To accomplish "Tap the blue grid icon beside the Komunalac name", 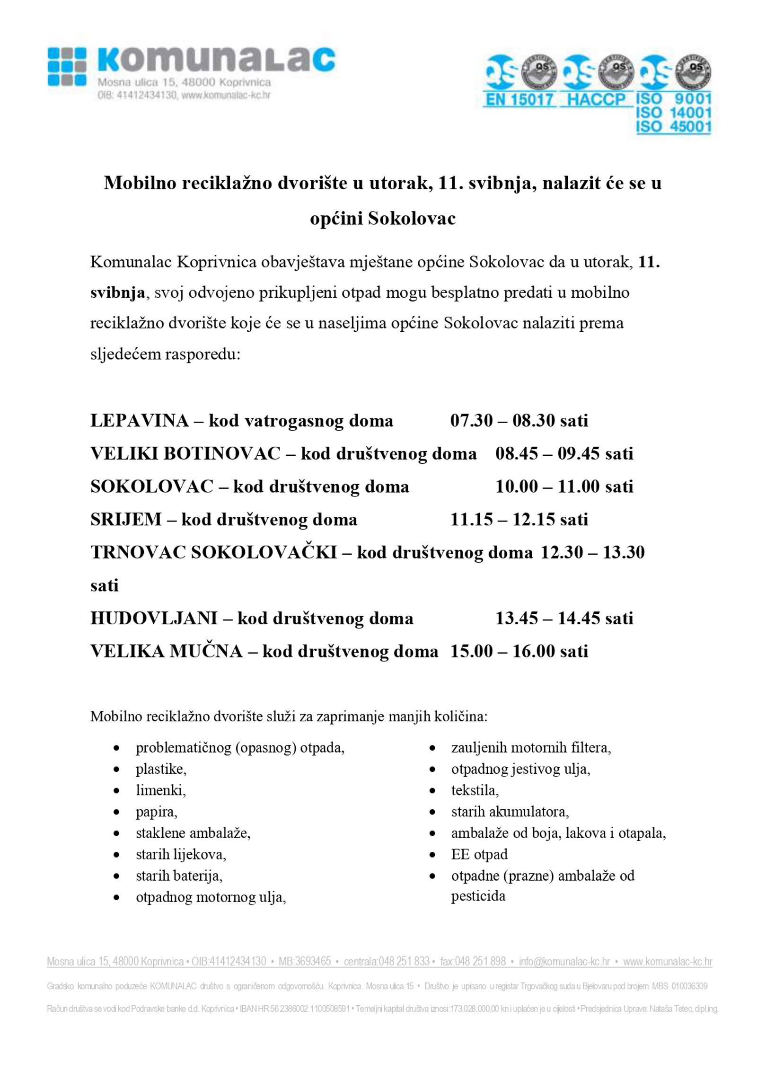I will tap(67, 66).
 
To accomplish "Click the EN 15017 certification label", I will tap(519, 100).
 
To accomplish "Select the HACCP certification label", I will tap(596, 100).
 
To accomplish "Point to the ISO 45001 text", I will tap(673, 127).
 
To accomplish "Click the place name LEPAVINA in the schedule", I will tap(140, 420).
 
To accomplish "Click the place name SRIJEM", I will tap(126, 520).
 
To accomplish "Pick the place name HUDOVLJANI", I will tap(154, 618).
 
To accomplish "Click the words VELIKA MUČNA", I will tap(166, 651).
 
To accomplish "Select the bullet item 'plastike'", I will tap(161, 769).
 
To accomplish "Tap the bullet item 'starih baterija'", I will tap(179, 876).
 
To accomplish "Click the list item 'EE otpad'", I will tap(479, 854).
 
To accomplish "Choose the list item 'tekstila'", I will tap(475, 790).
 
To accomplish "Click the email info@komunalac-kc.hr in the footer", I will tap(564, 961).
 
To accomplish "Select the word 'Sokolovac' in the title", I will tap(411, 219).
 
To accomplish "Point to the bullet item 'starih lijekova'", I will tap(181, 854).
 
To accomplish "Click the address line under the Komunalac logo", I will tap(184, 83).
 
